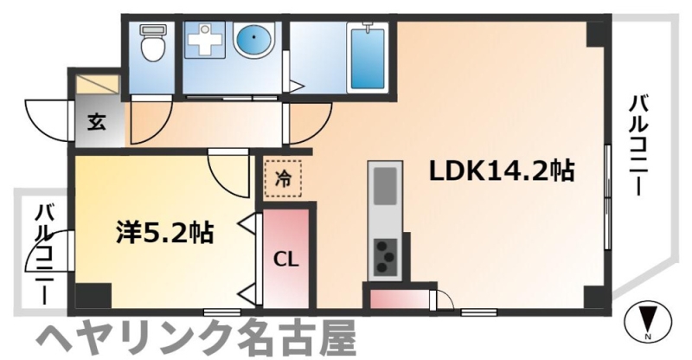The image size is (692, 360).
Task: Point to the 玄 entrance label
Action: (x=95, y=121)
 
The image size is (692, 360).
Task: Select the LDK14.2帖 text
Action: (x=501, y=171)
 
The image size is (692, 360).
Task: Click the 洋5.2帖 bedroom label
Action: (x=165, y=231)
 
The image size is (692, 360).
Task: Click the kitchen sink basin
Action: (x=384, y=184)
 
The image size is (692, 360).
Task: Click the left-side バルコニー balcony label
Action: (x=43, y=251)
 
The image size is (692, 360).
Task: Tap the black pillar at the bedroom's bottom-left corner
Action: (x=93, y=295)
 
